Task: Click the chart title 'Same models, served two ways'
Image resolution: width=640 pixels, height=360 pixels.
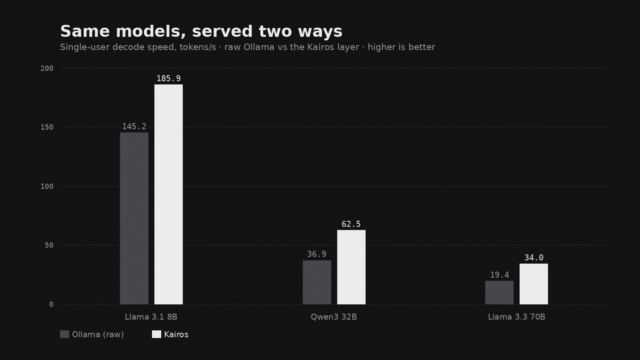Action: coord(201,32)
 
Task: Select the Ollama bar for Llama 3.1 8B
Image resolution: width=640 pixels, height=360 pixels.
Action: coord(134,218)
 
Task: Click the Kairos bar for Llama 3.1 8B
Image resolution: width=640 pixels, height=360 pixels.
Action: coord(168,194)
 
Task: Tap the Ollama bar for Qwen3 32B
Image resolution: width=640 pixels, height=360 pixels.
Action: coord(317,282)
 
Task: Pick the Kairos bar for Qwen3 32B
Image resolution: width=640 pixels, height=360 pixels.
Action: coord(352,267)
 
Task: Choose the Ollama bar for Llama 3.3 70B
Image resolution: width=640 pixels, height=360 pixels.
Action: coord(500,292)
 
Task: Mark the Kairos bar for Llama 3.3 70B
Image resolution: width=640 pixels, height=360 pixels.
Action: coord(534,284)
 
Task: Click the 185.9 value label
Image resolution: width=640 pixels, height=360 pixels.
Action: coord(168,78)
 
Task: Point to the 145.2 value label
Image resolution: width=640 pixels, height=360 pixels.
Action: coord(134,126)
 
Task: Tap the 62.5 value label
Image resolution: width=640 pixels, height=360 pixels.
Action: coord(351,224)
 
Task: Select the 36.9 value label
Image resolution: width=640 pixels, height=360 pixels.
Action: coord(317,254)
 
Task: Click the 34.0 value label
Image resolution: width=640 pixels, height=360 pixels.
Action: coord(534,258)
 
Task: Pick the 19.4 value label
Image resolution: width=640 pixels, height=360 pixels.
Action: coord(500,275)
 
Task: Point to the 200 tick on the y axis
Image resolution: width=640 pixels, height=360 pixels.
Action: coord(47,68)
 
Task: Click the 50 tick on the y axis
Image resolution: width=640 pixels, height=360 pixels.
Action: coord(49,245)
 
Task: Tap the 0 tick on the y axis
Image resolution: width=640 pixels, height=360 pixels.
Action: coord(52,304)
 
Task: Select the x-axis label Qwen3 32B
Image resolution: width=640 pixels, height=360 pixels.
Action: coord(334,317)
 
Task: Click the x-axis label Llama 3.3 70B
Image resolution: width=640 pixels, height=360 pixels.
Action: coord(516,317)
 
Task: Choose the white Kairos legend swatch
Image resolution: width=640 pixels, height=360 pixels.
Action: coord(156,334)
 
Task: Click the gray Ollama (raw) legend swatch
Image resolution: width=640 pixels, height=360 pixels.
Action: coord(64,334)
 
